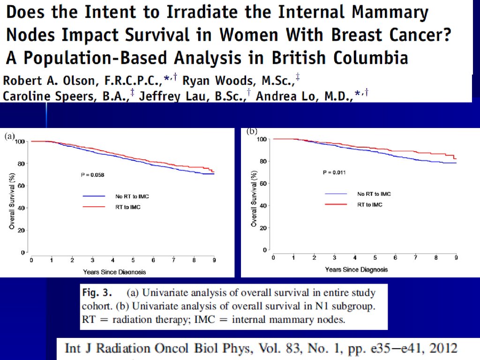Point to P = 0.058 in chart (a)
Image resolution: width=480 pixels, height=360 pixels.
tap(92, 175)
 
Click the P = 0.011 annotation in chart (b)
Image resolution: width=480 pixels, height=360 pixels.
tap(335, 172)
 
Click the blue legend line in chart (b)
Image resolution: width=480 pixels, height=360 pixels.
tap(336, 194)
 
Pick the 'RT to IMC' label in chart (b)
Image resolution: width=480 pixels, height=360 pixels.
tap(370, 204)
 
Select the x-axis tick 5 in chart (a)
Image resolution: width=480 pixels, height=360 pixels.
tap(133, 260)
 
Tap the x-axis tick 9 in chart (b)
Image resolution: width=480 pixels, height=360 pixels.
tap(456, 258)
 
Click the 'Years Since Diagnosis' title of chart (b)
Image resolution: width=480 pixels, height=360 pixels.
tap(356, 270)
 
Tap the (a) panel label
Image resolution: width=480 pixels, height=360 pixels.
tap(10, 136)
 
